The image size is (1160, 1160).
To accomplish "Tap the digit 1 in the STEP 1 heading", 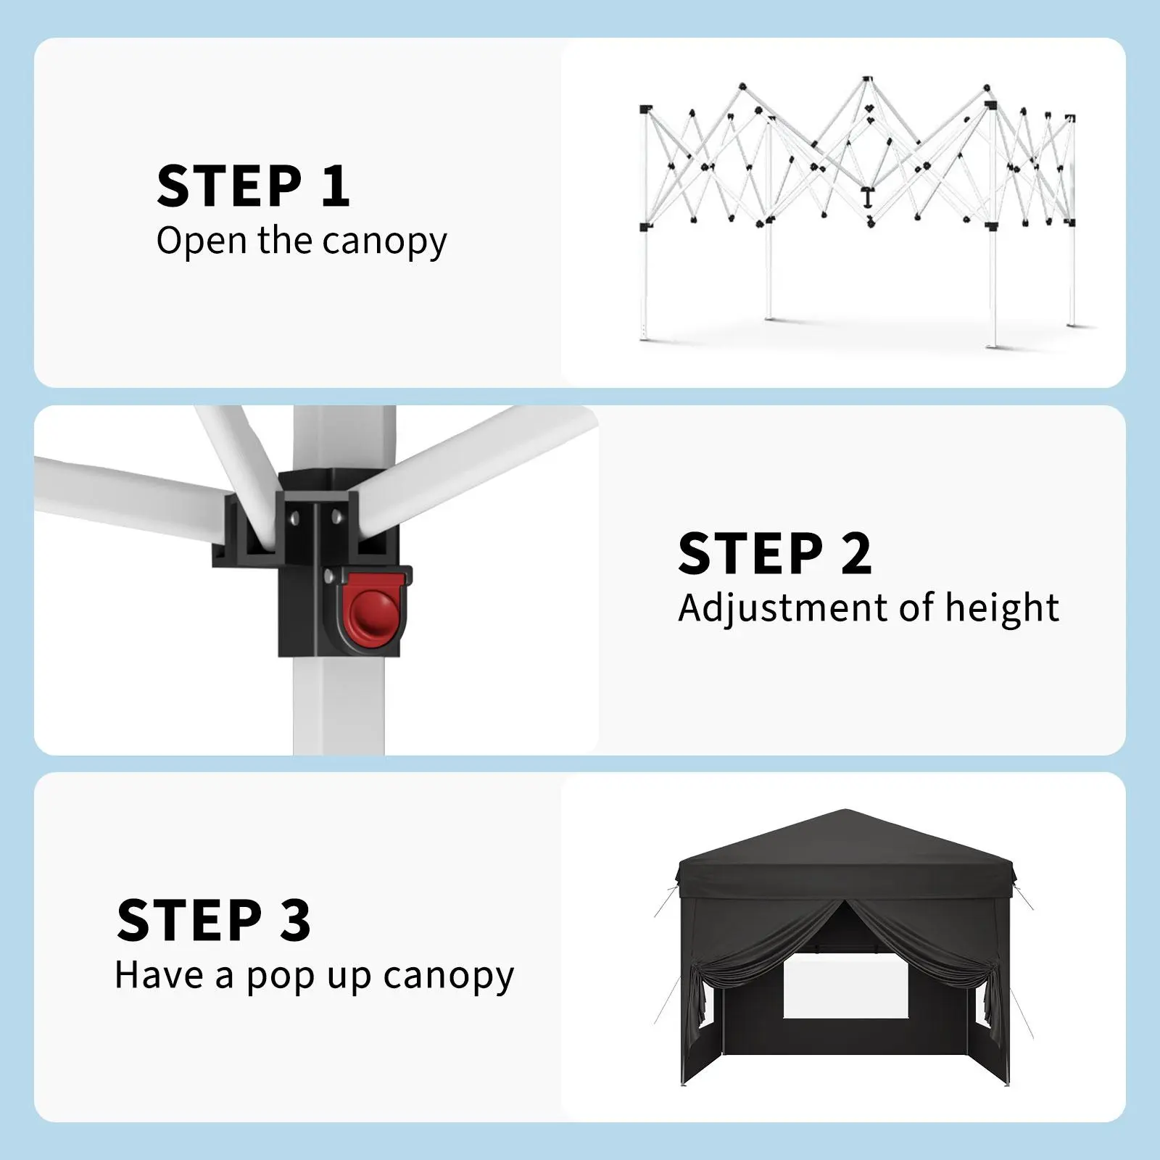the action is [x=335, y=186].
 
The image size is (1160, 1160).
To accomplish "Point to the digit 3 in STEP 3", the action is [x=294, y=920].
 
